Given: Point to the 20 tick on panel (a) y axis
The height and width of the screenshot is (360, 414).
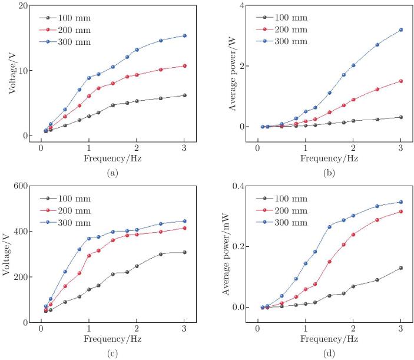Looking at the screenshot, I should [x=25, y=6].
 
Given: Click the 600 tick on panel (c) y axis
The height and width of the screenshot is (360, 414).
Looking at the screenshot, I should [x=22, y=186].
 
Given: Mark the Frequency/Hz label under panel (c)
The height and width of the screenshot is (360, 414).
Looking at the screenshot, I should [x=112, y=340].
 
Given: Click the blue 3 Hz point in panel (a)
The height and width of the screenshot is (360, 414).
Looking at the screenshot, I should [x=184, y=35].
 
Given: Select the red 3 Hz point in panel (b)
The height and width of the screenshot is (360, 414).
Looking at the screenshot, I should [x=401, y=81].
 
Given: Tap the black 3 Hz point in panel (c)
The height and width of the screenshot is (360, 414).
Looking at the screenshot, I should [x=184, y=252].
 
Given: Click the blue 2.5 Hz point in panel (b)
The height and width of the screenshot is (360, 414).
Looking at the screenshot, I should [x=377, y=45].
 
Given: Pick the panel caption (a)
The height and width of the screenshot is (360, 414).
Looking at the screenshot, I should [x=112, y=173].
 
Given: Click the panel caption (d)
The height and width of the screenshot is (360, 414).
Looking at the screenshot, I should [x=330, y=354].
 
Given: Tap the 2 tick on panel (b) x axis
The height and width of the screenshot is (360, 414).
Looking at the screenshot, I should [x=353, y=149].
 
